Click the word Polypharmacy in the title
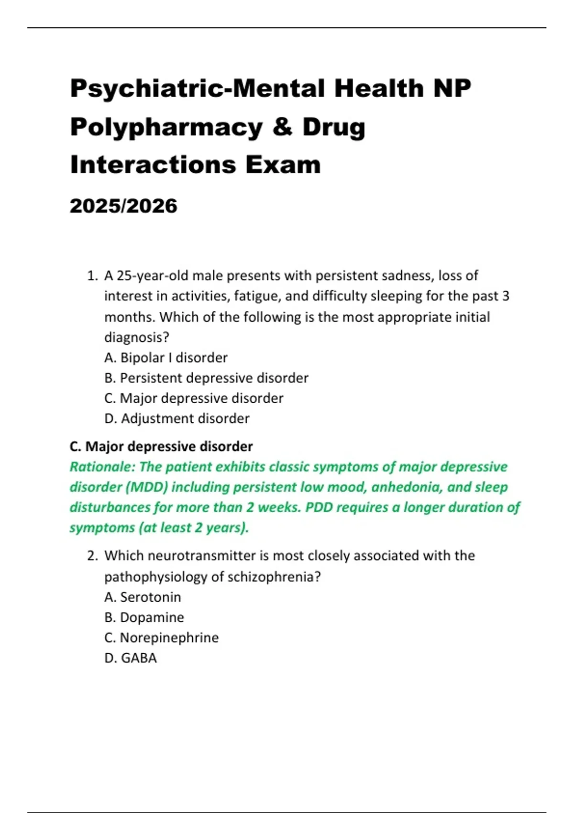point(166,127)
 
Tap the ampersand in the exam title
point(282,127)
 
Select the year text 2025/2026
point(123,206)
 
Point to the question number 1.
point(92,276)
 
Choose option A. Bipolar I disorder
point(166,358)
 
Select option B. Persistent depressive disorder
point(206,378)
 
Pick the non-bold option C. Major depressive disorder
point(194,398)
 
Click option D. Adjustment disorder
point(177,418)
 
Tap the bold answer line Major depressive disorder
point(161,447)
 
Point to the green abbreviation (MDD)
point(147,487)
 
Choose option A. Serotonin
point(143,597)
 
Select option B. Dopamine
point(144,617)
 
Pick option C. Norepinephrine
point(161,638)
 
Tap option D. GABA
point(131,658)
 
